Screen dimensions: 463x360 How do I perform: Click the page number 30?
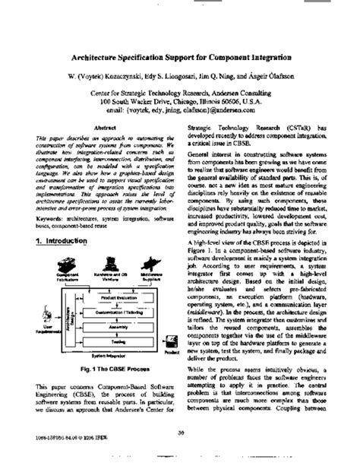coord(181,434)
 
